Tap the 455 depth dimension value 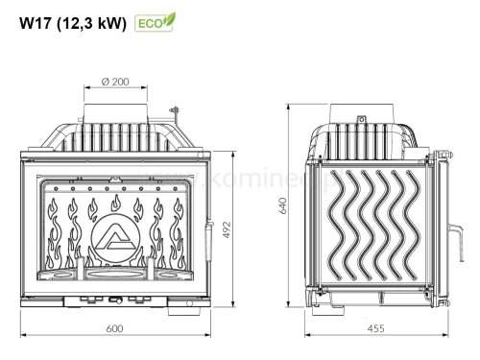tap(375, 328)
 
